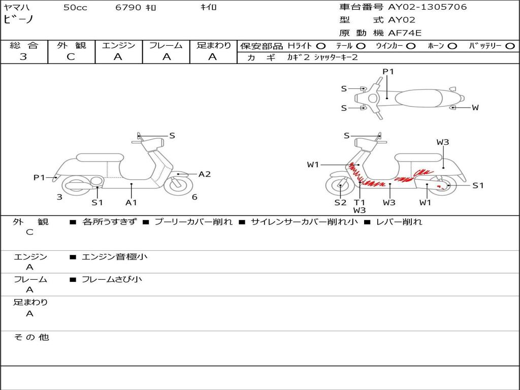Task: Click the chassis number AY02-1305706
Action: pyautogui.click(x=428, y=7)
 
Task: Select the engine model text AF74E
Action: pyautogui.click(x=405, y=33)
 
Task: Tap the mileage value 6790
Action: pyautogui.click(x=128, y=7)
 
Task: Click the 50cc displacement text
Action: pyautogui.click(x=75, y=7)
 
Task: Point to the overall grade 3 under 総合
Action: pyautogui.click(x=23, y=56)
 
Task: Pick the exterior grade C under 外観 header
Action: pyautogui.click(x=71, y=56)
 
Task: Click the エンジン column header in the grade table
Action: pyautogui.click(x=118, y=45)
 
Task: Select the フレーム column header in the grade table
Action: pyautogui.click(x=166, y=45)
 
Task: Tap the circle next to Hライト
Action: pyautogui.click(x=321, y=46)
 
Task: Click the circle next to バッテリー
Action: pyautogui.click(x=510, y=46)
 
